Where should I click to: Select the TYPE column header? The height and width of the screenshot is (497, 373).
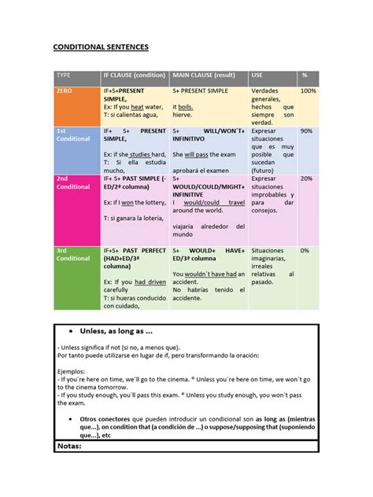(x=62, y=75)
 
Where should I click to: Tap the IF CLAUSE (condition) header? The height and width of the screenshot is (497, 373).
(x=134, y=75)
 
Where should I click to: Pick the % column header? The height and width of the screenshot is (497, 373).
(x=305, y=75)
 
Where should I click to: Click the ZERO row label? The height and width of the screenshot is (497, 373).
(x=64, y=91)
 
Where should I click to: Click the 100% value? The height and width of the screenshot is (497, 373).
(x=308, y=91)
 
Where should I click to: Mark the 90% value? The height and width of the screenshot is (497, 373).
(x=306, y=131)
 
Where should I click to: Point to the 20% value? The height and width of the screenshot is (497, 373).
(x=306, y=179)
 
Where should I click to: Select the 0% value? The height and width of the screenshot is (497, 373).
(x=305, y=250)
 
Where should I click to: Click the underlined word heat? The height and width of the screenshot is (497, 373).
(x=138, y=107)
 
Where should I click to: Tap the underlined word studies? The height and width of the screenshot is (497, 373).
(x=139, y=154)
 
